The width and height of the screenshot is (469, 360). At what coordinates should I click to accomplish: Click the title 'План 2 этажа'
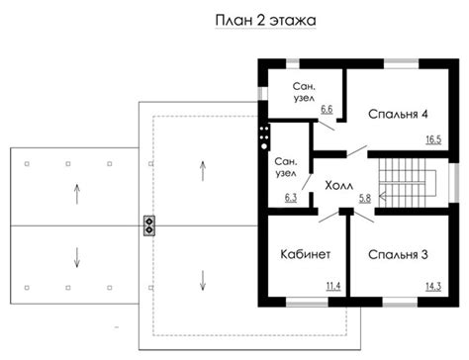point(265,21)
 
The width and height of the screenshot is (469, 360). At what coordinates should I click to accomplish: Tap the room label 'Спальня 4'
point(398,114)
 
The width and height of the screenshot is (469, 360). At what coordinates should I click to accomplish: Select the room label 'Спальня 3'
point(398,254)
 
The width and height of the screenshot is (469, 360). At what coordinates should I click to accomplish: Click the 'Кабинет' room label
point(305,254)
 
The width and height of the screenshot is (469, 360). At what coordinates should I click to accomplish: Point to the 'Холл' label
point(338,186)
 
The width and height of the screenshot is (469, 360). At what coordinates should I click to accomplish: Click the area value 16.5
point(433,139)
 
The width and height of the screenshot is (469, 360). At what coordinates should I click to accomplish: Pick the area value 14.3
point(433,287)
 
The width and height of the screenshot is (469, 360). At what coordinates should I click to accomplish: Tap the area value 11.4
point(333,286)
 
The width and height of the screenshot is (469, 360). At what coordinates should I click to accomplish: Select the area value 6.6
point(327,109)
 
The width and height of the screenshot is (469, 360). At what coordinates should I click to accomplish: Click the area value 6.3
point(291,198)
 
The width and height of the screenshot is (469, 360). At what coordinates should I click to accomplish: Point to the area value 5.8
point(365,198)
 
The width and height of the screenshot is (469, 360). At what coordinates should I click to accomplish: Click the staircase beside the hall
point(408,183)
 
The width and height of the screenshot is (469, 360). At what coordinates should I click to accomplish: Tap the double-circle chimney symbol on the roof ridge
point(149,225)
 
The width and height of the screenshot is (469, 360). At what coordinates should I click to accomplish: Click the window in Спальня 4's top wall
point(402,63)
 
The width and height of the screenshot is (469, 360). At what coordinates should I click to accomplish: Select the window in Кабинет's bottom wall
point(307,302)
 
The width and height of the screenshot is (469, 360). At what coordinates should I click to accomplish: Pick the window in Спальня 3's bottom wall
point(400,302)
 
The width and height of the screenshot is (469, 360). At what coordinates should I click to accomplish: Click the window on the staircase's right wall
point(454,183)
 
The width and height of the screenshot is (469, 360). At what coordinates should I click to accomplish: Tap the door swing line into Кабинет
point(328,217)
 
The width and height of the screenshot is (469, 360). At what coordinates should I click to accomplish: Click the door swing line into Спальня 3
point(364,217)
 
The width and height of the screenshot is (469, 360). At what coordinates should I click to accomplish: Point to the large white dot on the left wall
point(264,146)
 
